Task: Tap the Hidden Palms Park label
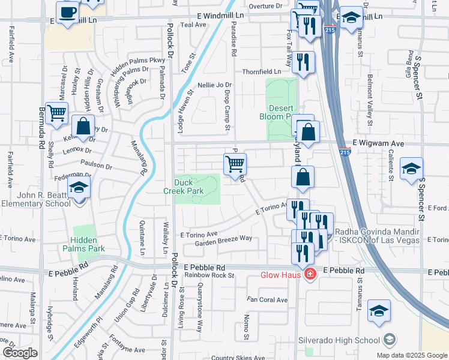pos(84,244)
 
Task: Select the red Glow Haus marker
pos(310,275)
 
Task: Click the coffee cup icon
pos(67,12)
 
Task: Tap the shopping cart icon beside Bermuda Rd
pos(56,113)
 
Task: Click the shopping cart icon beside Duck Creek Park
pos(235,164)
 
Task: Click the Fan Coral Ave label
pos(268,299)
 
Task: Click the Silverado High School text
pos(340,340)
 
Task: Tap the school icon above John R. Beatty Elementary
pos(79,188)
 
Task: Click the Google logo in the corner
pos(20,353)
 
